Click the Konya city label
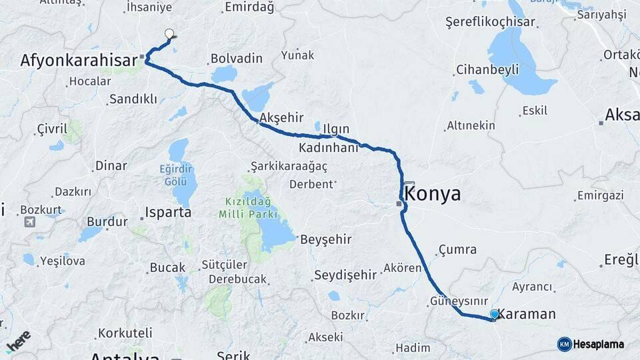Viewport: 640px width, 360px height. click(x=433, y=194)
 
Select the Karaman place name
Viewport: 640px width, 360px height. click(x=527, y=314)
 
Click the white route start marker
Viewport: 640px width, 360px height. click(x=169, y=34)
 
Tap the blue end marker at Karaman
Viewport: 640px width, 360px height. click(x=494, y=314)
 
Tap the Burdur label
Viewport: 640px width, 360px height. click(x=107, y=221)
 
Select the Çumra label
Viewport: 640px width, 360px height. click(x=457, y=250)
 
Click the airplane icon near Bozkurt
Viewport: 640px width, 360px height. click(x=30, y=221)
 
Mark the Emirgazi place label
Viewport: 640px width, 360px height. click(x=600, y=195)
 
